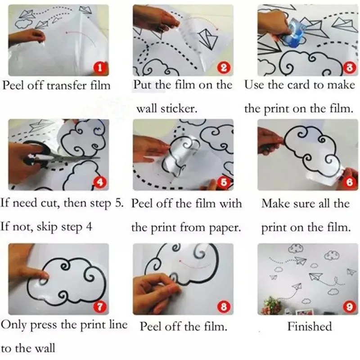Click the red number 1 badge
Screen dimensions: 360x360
coord(100,68)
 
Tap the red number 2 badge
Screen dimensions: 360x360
coord(224,68)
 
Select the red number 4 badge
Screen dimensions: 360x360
coord(100,183)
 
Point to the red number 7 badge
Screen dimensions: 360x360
coord(100,307)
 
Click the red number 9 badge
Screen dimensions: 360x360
coord(349,307)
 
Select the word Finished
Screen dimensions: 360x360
coord(310,326)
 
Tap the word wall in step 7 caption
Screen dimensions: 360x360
coord(45,348)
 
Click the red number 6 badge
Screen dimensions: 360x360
coord(349,183)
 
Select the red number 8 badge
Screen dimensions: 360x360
coord(224,307)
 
